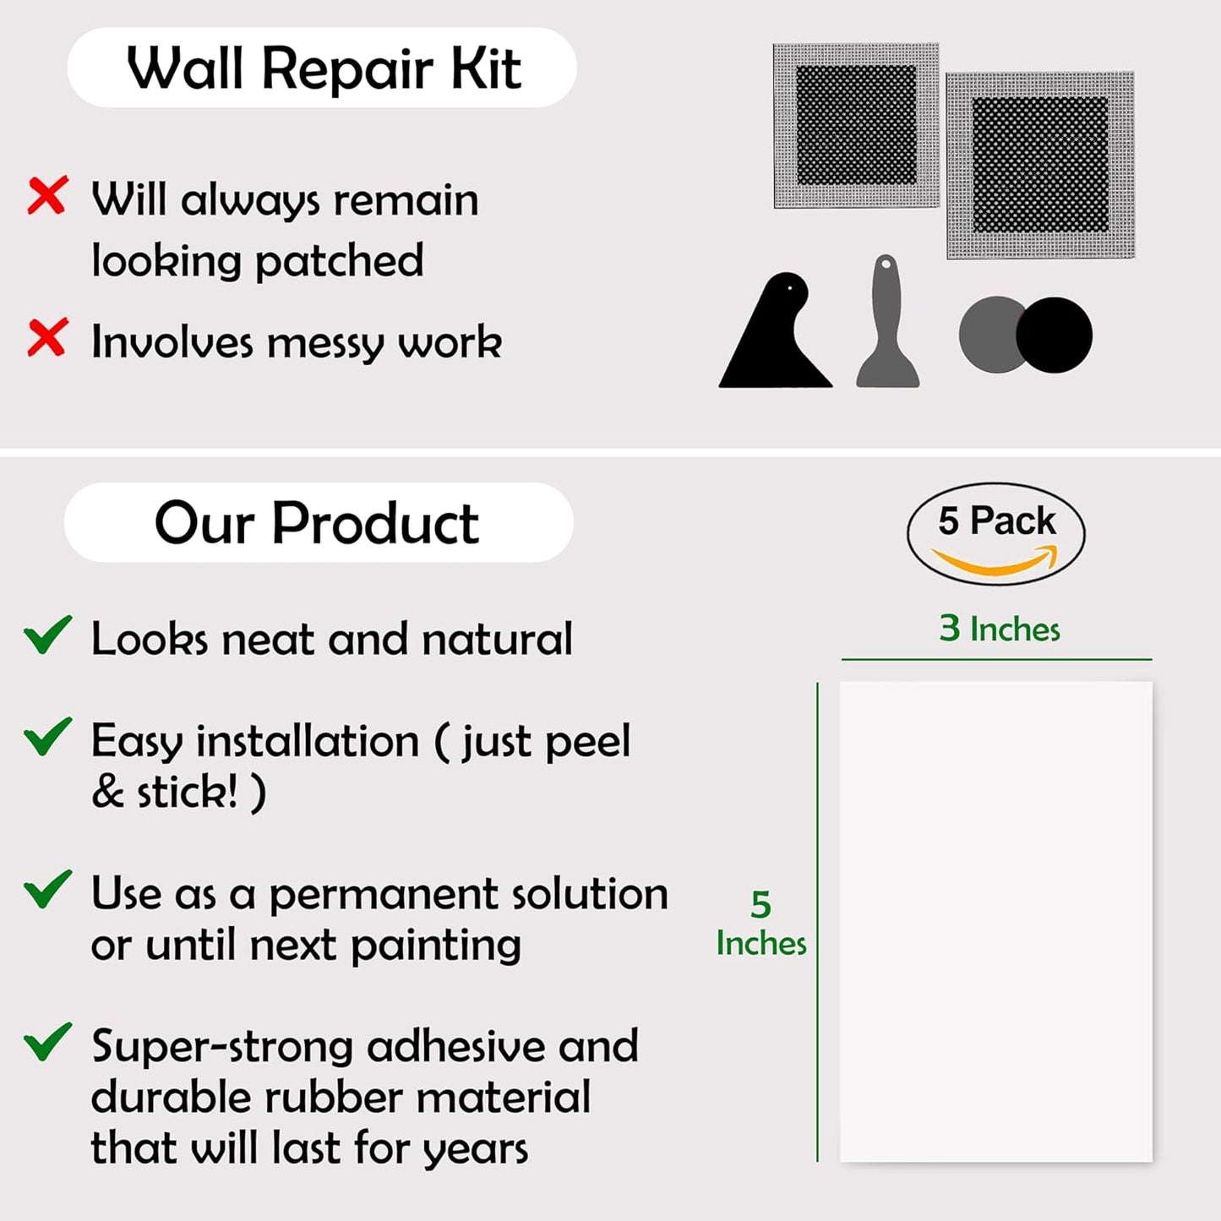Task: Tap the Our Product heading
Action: [317, 523]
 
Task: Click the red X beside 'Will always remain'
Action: [47, 196]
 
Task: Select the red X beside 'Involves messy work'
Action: [47, 338]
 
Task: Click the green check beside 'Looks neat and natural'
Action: [47, 635]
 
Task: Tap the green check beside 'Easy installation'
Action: [47, 736]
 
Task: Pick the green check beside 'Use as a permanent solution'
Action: [47, 889]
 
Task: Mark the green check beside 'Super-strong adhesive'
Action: [47, 1042]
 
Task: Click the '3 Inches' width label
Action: [999, 629]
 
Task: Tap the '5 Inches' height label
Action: [760, 924]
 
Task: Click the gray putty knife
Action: [887, 325]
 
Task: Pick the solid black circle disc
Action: [1054, 335]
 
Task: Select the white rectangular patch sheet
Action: [995, 921]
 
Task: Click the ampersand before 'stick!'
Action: [107, 793]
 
